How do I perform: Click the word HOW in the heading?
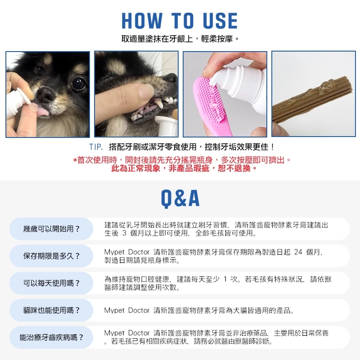[142, 21]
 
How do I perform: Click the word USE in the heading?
[220, 21]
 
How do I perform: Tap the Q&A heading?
[180, 199]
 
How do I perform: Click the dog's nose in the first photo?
[45, 95]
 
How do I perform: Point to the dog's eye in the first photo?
[79, 84]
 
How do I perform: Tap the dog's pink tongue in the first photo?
[43, 112]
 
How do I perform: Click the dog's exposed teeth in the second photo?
[156, 106]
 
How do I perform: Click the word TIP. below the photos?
[96, 147]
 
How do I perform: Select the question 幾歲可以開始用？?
[51, 229]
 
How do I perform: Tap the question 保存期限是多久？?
[51, 256]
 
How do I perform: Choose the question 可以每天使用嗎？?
[51, 283]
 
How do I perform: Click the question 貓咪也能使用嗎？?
[51, 310]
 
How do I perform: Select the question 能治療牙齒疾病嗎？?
[51, 337]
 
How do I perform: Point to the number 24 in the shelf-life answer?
[298, 252]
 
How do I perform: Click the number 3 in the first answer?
[124, 233]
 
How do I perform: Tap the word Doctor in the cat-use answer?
[139, 310]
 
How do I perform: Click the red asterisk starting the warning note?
[75, 161]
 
